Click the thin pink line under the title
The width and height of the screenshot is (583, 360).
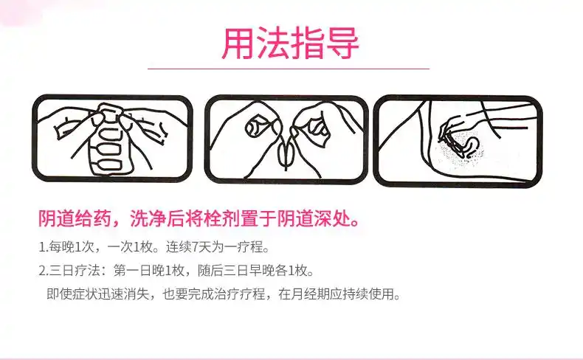point(289,69)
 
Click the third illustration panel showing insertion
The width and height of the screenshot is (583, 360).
point(458,140)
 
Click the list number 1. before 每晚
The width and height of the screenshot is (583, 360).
point(43,246)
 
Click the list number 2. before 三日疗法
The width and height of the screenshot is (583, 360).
point(43,270)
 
